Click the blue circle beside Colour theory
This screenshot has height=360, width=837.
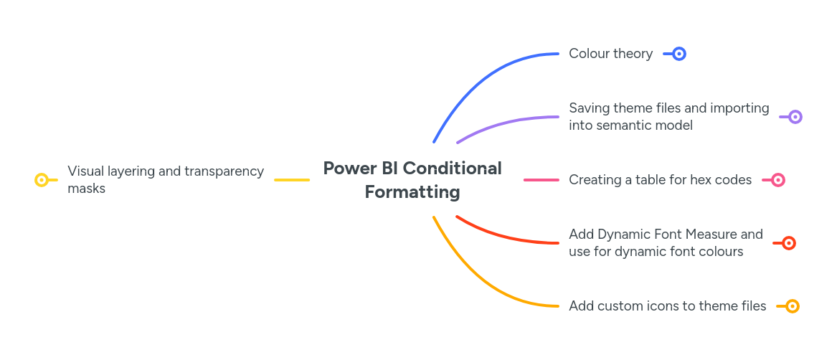click(679, 54)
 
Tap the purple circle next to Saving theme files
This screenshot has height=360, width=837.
click(795, 117)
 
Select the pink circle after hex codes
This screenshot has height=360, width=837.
click(778, 180)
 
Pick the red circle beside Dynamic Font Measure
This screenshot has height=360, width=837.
click(788, 243)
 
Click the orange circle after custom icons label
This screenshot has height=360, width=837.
click(793, 306)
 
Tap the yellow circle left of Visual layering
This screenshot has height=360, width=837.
click(42, 180)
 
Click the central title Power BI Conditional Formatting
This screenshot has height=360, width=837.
click(412, 180)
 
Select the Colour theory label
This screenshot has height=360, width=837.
click(610, 54)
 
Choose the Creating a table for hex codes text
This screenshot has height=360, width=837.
click(660, 180)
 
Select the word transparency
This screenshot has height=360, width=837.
click(224, 171)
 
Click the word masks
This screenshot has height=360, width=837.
click(86, 189)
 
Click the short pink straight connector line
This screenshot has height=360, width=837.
click(542, 180)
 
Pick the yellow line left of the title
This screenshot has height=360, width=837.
click(292, 180)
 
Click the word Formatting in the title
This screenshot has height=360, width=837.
click(412, 192)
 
